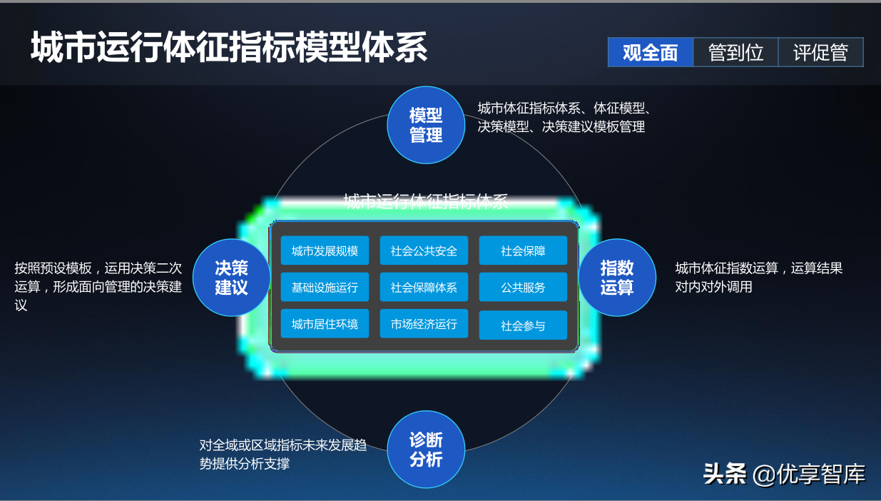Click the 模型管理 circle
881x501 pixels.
[x=426, y=125]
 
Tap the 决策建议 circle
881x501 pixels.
[x=231, y=278]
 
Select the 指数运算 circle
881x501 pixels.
[x=617, y=278]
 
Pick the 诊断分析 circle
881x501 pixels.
[x=426, y=450]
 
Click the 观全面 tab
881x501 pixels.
[x=651, y=53]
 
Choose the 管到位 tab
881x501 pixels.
[x=735, y=53]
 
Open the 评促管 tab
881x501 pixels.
[x=820, y=53]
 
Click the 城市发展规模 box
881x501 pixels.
[x=325, y=250]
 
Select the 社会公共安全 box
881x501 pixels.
[x=424, y=250]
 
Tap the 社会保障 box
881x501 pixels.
[x=523, y=250]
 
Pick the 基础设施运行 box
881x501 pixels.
[x=325, y=287]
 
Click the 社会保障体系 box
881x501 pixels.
[x=424, y=287]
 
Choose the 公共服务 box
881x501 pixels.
[x=523, y=287]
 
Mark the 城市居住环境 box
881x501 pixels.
[x=325, y=324]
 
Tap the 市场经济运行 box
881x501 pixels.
[x=424, y=324]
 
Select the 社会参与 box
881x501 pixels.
[x=523, y=325]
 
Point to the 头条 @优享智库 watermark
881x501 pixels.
[x=784, y=474]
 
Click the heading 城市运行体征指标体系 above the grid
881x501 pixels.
[x=426, y=201]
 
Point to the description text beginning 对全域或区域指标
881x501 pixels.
[x=283, y=455]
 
